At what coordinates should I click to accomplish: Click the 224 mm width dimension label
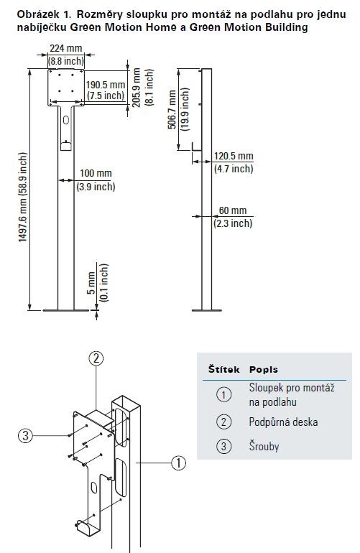pyautogui.click(x=66, y=48)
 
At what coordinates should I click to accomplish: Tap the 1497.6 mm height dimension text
pyautogui.click(x=23, y=197)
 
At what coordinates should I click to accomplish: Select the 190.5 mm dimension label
pyautogui.click(x=106, y=85)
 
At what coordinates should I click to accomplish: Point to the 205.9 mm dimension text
pyautogui.click(x=137, y=88)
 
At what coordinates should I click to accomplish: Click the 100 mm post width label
pyautogui.click(x=96, y=173)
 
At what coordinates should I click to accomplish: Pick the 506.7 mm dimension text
pyautogui.click(x=172, y=110)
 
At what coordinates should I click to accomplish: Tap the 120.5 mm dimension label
pyautogui.click(x=234, y=156)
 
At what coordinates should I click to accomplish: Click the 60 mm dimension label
pyautogui.click(x=233, y=210)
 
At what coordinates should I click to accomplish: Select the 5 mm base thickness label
pyautogui.click(x=91, y=283)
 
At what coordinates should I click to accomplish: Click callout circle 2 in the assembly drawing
pyautogui.click(x=96, y=358)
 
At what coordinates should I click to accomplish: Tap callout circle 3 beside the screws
pyautogui.click(x=25, y=436)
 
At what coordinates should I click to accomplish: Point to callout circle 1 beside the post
pyautogui.click(x=179, y=463)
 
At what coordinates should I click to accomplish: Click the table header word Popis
pyautogui.click(x=263, y=370)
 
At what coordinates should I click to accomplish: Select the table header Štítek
pyautogui.click(x=223, y=369)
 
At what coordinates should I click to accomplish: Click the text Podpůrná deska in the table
pyautogui.click(x=283, y=422)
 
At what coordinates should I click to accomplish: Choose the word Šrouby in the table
pyautogui.click(x=264, y=446)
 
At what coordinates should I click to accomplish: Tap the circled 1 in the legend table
pyautogui.click(x=223, y=394)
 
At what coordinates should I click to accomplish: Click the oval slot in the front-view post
pyautogui.click(x=66, y=121)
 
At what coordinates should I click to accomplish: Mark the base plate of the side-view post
pyautogui.click(x=207, y=310)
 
